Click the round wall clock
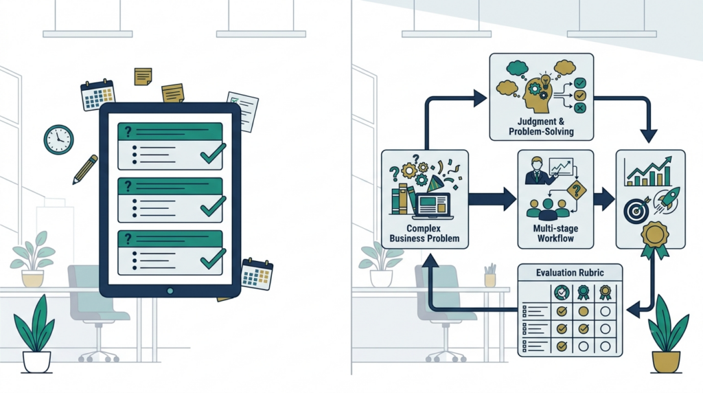coord(59,140)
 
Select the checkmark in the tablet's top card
coord(213,153)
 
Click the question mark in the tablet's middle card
coord(128,186)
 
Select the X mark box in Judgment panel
coord(579,108)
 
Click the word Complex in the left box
coord(424,228)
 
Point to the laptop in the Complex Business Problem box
coord(434,206)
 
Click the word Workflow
coord(555,238)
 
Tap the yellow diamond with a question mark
coord(577,190)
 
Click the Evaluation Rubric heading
coord(570,273)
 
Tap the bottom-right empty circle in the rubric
coord(606,346)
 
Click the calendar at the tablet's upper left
coord(97,95)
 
